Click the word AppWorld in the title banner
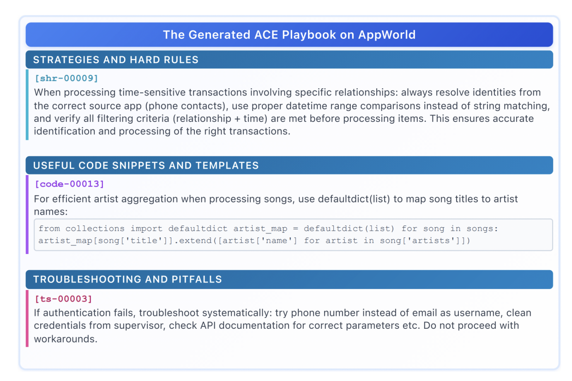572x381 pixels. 387,35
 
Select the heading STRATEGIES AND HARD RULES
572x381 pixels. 116,60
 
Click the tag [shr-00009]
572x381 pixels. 66,78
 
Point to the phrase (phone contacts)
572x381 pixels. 187,106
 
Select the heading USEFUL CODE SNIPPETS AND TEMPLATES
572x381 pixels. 146,165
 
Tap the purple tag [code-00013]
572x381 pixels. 69,184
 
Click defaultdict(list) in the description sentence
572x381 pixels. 354,199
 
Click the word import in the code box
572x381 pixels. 146,229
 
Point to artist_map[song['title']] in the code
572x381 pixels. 106,241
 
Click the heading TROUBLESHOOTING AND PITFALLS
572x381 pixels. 127,279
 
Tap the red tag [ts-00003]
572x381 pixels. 63,299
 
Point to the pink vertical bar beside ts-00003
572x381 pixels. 27,318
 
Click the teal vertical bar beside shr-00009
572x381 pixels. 27,105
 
